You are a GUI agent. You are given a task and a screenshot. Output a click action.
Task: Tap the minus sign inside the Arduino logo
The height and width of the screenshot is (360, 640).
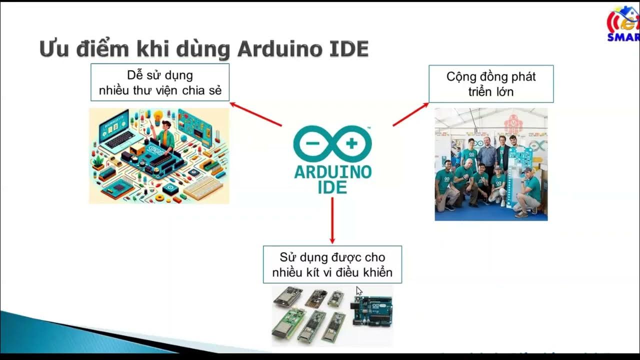312,143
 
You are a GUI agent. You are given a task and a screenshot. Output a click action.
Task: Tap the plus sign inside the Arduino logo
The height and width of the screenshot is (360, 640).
351,143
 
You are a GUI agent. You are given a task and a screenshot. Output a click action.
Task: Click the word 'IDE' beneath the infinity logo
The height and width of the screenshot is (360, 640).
332,187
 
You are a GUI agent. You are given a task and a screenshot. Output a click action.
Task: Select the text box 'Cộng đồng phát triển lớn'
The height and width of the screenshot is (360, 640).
490,84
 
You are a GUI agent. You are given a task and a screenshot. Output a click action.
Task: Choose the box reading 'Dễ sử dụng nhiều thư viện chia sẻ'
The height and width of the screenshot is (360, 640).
159,82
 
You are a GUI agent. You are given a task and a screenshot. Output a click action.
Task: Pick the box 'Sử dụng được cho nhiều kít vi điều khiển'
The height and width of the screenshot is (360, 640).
332,264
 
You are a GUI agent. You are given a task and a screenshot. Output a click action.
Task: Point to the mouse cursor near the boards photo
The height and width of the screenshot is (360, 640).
358,290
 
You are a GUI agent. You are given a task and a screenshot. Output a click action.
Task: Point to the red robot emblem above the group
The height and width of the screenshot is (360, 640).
511,123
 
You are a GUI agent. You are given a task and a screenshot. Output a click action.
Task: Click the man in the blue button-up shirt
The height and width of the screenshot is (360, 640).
488,153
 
